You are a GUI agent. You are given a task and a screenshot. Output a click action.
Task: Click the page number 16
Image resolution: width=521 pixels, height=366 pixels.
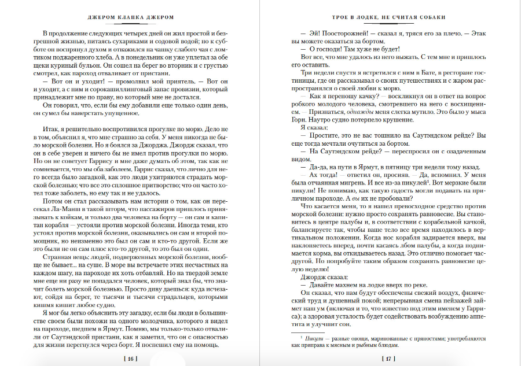tap(130, 358)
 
